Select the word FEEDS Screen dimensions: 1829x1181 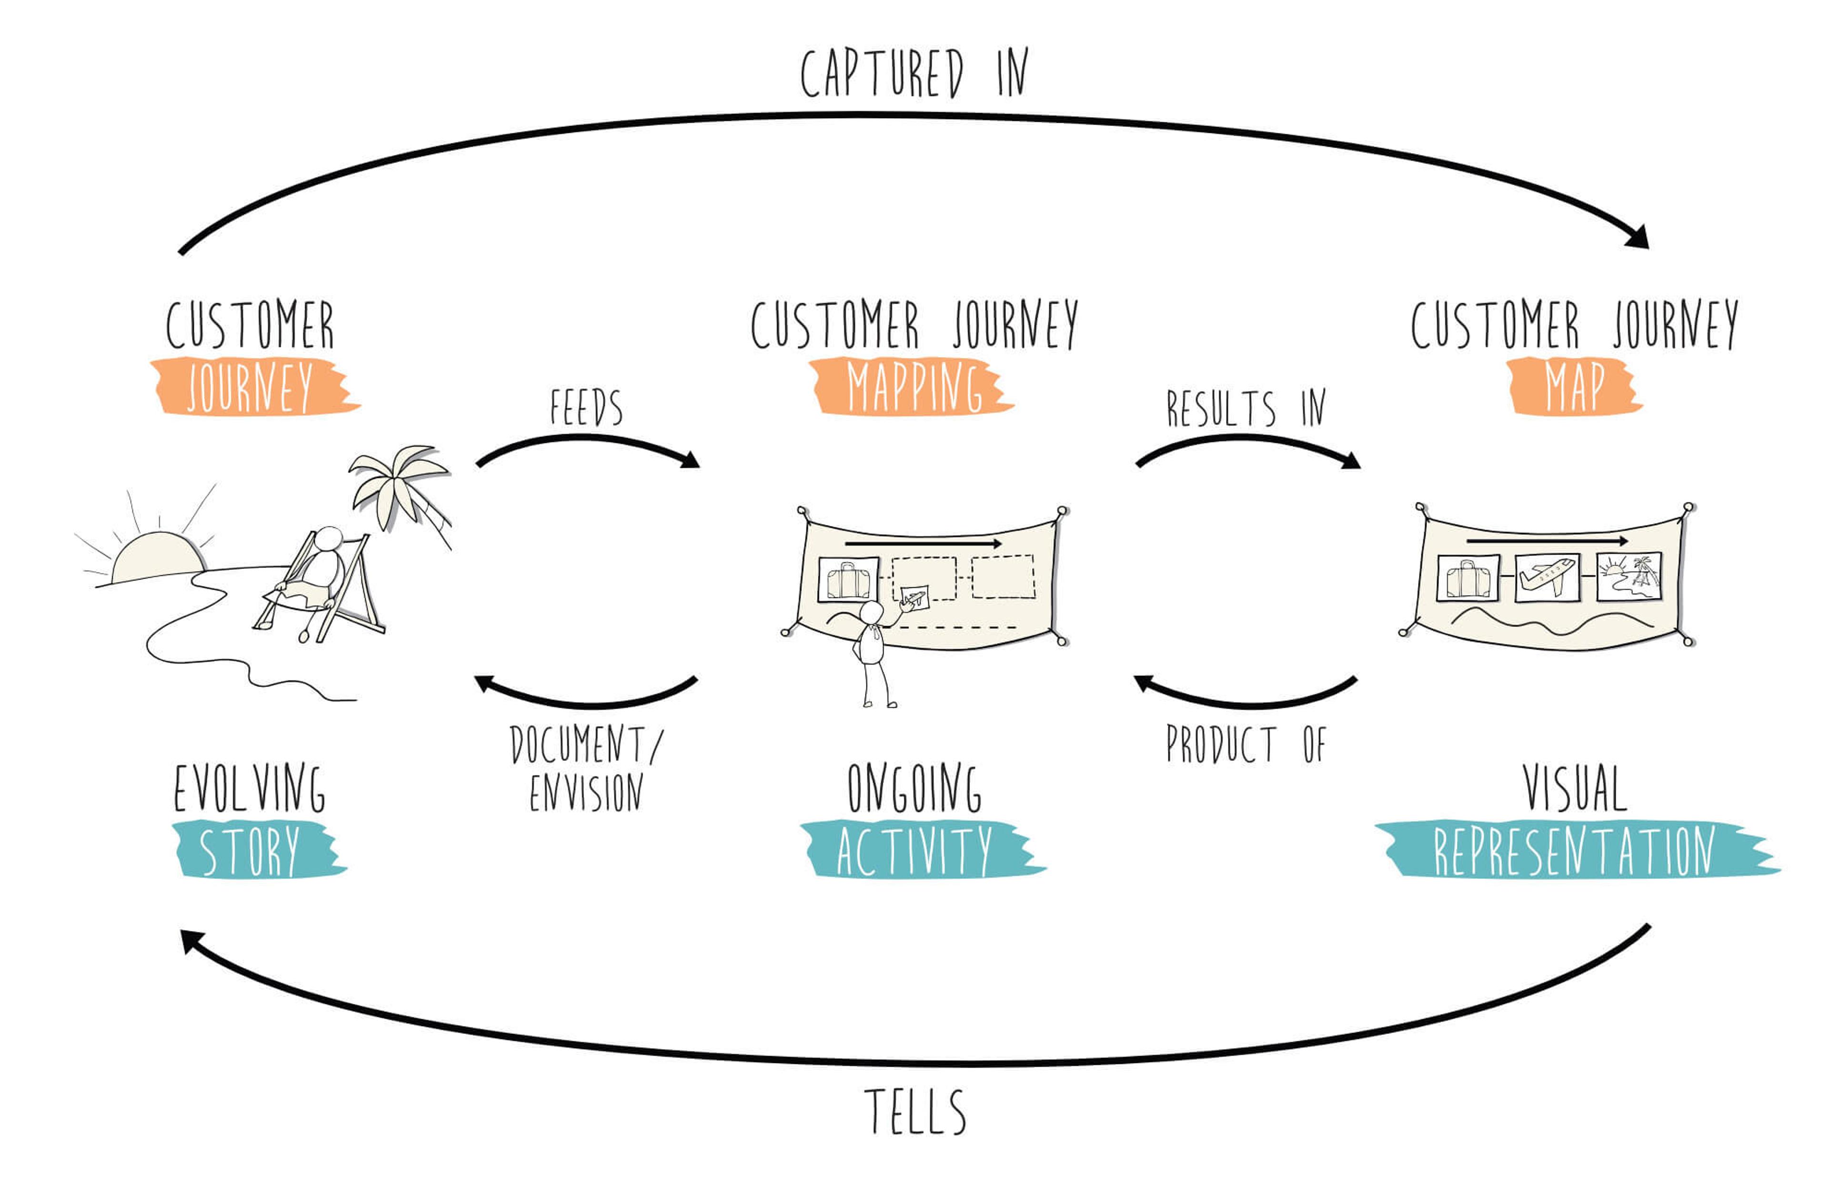[x=586, y=407]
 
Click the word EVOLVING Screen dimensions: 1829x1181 [x=249, y=788]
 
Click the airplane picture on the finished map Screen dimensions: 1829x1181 [x=1548, y=577]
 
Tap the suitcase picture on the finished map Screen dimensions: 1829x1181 [x=1467, y=578]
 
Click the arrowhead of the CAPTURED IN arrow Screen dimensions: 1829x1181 [x=1639, y=238]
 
